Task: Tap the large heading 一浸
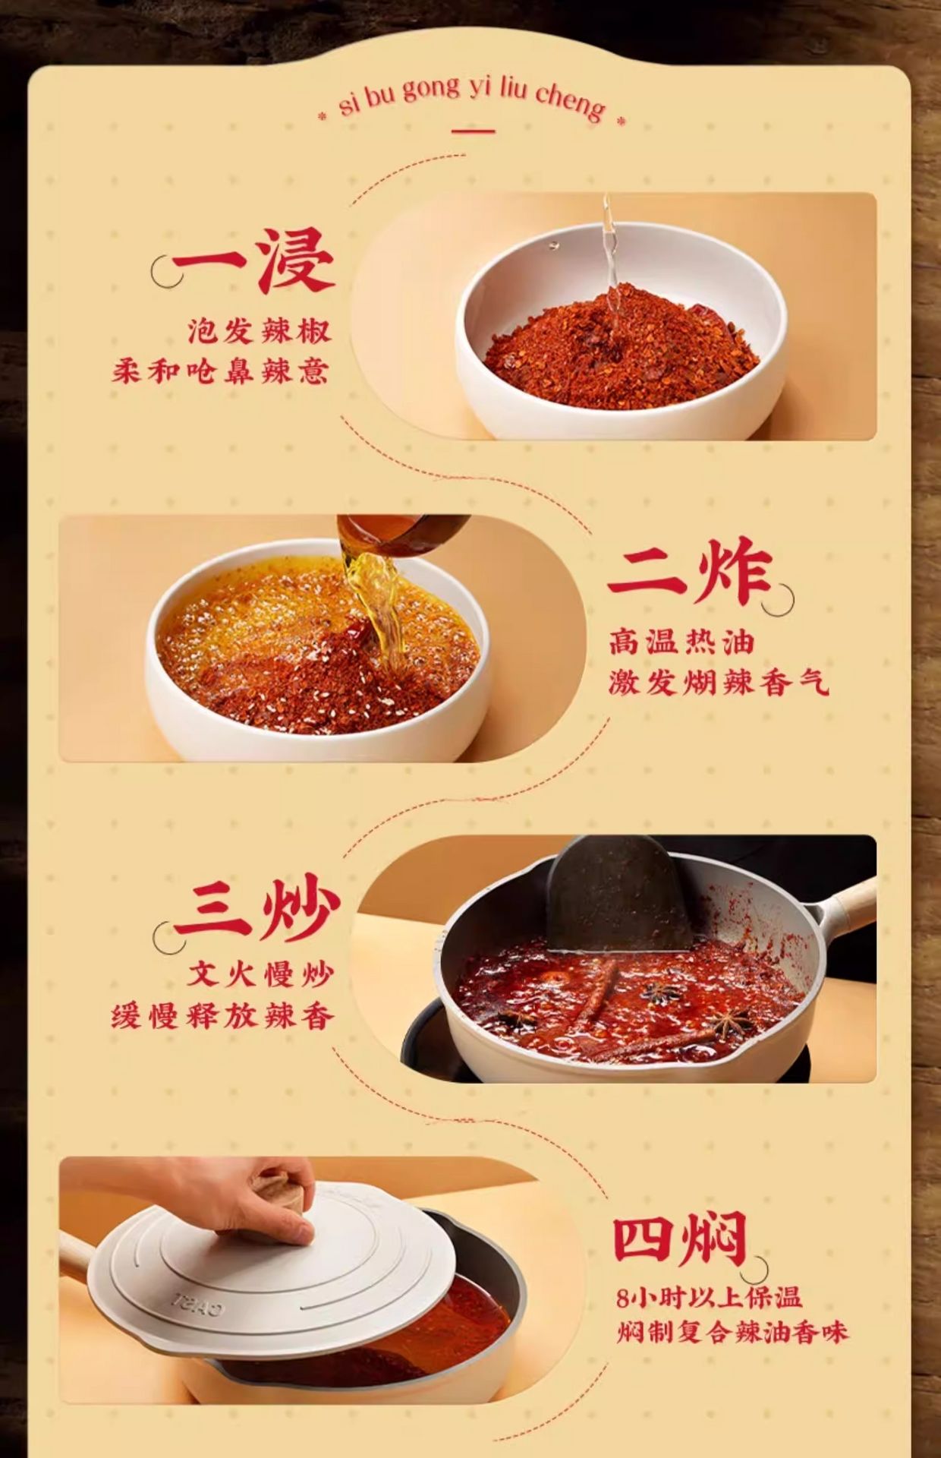(x=253, y=260)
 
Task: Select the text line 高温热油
(x=681, y=642)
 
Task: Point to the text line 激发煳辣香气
(x=719, y=683)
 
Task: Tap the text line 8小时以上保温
(x=709, y=1298)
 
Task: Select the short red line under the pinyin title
(x=473, y=131)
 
